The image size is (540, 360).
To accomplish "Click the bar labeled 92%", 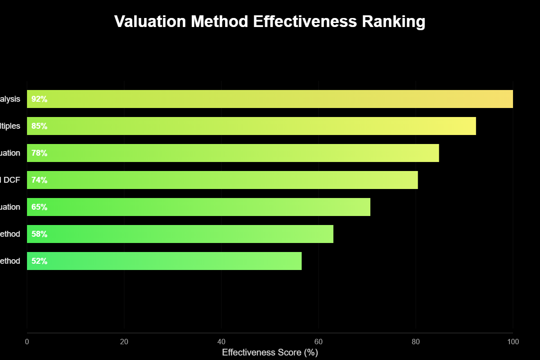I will (270, 99).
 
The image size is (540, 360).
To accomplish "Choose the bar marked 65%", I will (198, 207).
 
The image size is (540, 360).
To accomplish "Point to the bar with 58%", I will (180, 234).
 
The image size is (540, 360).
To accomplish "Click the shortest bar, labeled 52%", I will (164, 261).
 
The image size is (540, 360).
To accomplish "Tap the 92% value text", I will (40, 99).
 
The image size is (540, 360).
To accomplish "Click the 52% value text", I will (40, 261).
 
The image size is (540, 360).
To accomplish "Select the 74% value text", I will (40, 180).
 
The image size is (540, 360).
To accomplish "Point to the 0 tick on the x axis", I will (27, 342).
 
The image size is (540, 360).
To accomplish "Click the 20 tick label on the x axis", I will (124, 342).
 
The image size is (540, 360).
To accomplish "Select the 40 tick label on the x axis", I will (221, 342).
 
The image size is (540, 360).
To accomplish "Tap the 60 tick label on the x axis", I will (319, 342).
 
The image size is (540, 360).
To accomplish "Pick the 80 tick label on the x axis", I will (416, 342).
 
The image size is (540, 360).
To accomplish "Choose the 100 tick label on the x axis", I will (513, 342).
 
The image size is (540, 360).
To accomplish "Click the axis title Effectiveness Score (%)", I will (270, 352).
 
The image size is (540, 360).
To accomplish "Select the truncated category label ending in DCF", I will (10, 180).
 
